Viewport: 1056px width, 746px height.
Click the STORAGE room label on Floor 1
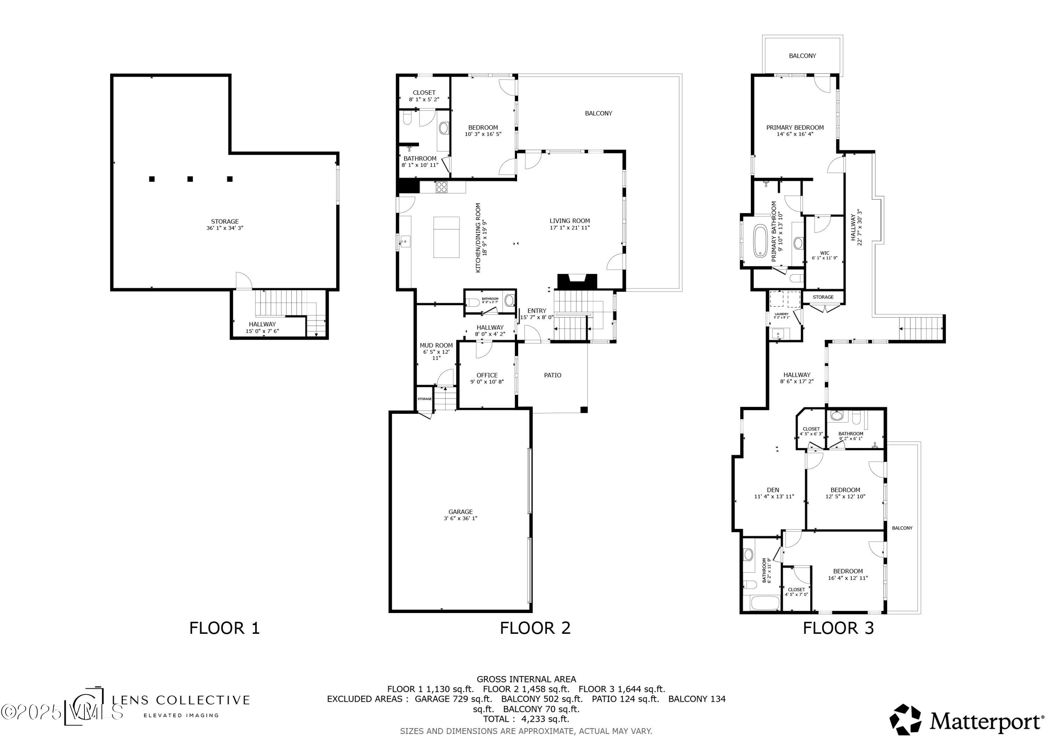225,222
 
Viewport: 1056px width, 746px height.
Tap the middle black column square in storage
190,179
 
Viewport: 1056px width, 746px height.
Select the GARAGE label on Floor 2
460,512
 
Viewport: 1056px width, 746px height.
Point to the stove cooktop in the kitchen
441,187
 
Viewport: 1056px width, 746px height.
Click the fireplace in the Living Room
577,281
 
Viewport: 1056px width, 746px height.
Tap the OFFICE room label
487,375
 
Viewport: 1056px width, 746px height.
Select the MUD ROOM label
436,345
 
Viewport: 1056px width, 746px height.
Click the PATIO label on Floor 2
552,375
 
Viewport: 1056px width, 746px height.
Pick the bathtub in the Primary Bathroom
760,240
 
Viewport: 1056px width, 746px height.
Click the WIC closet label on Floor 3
825,253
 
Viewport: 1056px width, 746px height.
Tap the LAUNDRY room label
781,314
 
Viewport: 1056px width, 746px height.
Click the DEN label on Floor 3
773,490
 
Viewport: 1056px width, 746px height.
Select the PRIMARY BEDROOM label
795,127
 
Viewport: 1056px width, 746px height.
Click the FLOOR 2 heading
535,628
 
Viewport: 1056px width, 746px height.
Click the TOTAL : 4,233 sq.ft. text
526,719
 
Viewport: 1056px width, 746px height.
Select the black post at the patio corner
584,409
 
